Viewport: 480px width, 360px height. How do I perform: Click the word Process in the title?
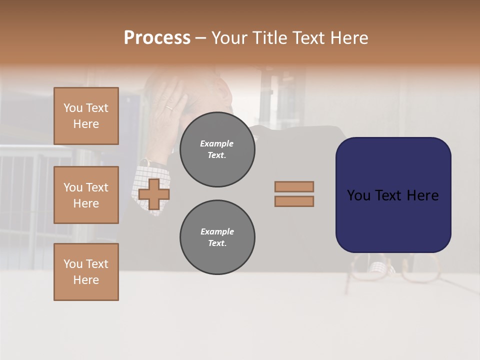coord(157,38)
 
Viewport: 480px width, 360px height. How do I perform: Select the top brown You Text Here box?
coord(86,116)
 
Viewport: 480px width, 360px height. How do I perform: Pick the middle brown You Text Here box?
coord(86,195)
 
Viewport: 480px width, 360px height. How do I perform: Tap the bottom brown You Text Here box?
coord(86,272)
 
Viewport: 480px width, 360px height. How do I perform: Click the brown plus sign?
coord(153,194)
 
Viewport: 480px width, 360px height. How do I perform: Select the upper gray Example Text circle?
coord(217,149)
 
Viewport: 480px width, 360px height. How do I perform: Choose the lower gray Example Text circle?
coord(217,237)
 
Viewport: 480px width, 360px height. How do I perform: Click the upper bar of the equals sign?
coord(294,186)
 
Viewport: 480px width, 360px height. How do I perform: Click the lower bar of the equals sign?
coord(294,201)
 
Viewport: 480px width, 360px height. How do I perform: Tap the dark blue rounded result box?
coord(393,195)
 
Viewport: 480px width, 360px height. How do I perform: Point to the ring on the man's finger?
coord(170,107)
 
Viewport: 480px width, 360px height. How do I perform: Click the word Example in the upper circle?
coord(217,143)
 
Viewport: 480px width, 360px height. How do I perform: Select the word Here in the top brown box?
coord(86,124)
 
